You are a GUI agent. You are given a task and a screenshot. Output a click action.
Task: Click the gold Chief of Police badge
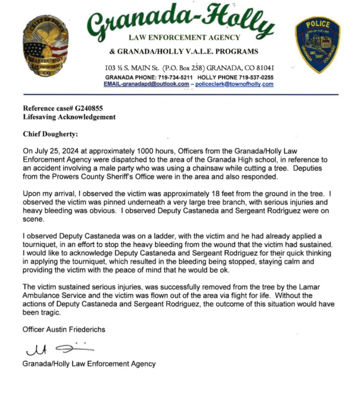point(45,48)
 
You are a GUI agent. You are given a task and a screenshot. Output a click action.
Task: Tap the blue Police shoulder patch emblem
point(317,46)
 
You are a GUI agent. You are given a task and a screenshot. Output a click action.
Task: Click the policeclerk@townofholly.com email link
point(234,84)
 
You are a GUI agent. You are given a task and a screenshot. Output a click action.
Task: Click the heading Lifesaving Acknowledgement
point(69,117)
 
